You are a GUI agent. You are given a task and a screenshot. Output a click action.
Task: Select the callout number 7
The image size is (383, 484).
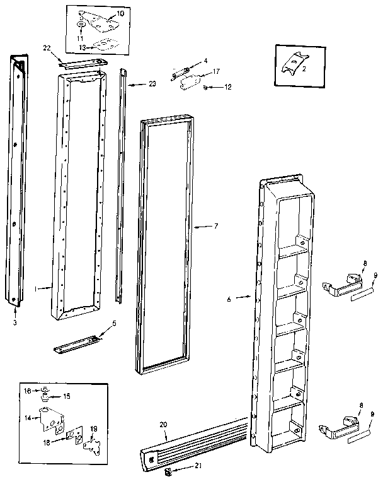[x=215, y=225]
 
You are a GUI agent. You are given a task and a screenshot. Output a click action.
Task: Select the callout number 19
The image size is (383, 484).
[x=94, y=429]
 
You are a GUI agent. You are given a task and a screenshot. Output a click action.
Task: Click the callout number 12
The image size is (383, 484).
[x=228, y=86]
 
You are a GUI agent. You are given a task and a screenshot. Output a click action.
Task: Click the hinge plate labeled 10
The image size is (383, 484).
[x=100, y=21]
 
